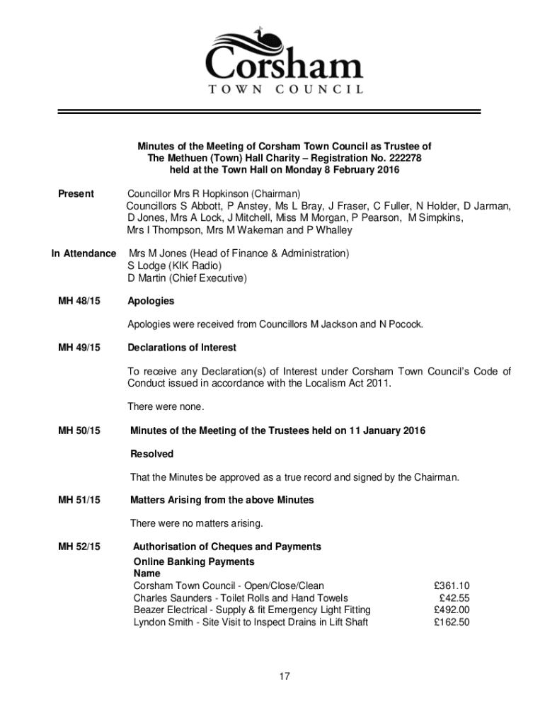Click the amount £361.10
tap(451, 586)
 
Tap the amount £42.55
tap(454, 598)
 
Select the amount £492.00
tap(451, 610)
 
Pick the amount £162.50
tap(451, 622)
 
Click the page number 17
tap(284, 677)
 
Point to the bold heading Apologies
tap(151, 301)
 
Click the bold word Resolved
tap(152, 454)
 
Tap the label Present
tap(76, 193)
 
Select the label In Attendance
tap(84, 253)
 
